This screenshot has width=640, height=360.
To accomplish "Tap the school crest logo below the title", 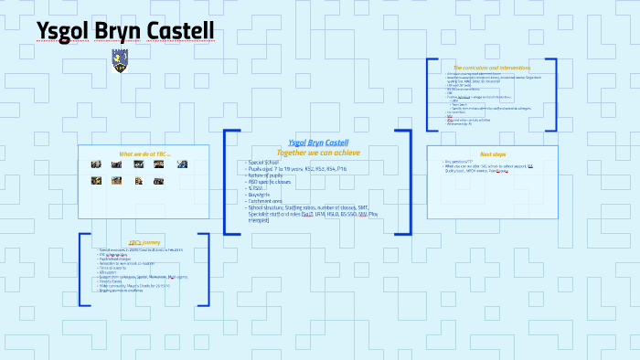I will pos(119,61).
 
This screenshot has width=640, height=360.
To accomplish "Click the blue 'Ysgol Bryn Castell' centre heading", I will pos(317,143).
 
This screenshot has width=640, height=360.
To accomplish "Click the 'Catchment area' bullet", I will pos(269,201).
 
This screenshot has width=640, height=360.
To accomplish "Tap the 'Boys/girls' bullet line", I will pos(262,195).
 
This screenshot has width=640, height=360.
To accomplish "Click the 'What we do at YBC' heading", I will pos(144,154).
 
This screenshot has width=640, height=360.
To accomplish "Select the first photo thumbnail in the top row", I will pos(96,164).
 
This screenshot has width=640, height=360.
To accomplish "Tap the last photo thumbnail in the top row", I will pos(182,164).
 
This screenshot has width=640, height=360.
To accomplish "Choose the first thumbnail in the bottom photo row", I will pos(96,181).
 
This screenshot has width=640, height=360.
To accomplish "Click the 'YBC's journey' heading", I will pos(144,242).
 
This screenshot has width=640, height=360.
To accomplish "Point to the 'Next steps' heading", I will pos(492,154).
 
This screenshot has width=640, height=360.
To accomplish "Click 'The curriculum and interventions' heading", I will pos(492,67).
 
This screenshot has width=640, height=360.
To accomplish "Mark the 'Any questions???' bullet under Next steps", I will pos(456,162).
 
